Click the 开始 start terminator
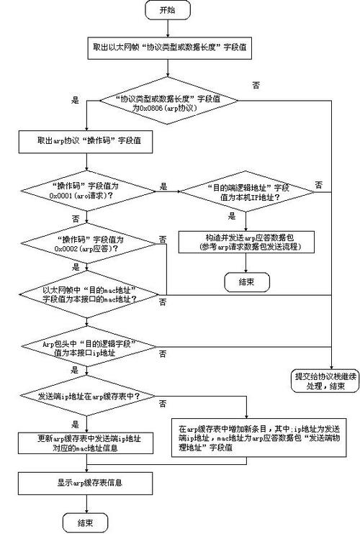click(x=168, y=10)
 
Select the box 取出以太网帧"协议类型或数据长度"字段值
click(x=168, y=47)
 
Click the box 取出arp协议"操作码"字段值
click(x=86, y=142)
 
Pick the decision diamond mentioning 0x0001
click(x=86, y=190)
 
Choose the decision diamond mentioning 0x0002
click(x=86, y=243)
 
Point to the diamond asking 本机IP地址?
click(x=246, y=191)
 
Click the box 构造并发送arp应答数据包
click(x=246, y=243)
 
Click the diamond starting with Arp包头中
click(x=86, y=348)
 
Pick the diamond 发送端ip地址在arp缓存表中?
click(x=86, y=397)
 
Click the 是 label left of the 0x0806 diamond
click(x=75, y=100)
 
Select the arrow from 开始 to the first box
click(x=168, y=27)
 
